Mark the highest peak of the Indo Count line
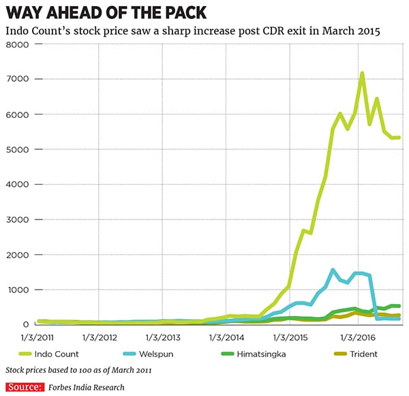362,73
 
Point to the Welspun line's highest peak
333,270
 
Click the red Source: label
23,387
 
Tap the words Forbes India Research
87,387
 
